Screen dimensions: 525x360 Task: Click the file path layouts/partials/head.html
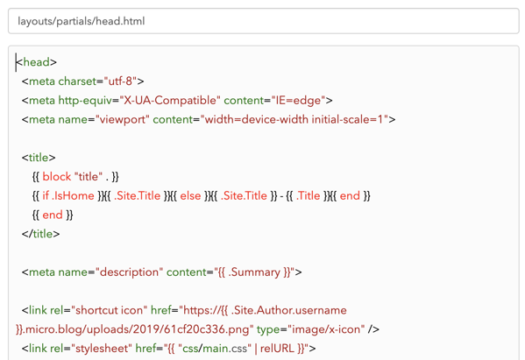tap(81, 21)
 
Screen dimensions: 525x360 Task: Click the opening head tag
tap(37, 62)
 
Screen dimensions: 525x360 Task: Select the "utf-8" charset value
tap(120, 81)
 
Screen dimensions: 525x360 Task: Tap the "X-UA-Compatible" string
tap(170, 101)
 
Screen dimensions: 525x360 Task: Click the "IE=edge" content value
tap(298, 101)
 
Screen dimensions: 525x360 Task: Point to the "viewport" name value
tap(122, 119)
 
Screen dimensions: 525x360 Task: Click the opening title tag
tap(39, 158)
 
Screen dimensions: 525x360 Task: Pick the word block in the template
tap(57, 177)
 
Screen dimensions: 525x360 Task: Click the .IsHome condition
tap(73, 195)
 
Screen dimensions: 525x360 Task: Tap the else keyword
tap(190, 195)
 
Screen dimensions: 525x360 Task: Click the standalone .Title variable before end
tap(308, 195)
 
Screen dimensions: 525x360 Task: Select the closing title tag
tap(40, 234)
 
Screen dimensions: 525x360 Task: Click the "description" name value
tap(129, 272)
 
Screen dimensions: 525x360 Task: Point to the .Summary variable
tap(254, 272)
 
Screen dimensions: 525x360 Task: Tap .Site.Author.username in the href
tap(288, 310)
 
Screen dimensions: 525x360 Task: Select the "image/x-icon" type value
tap(326, 329)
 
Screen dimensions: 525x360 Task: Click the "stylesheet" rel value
tap(101, 349)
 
